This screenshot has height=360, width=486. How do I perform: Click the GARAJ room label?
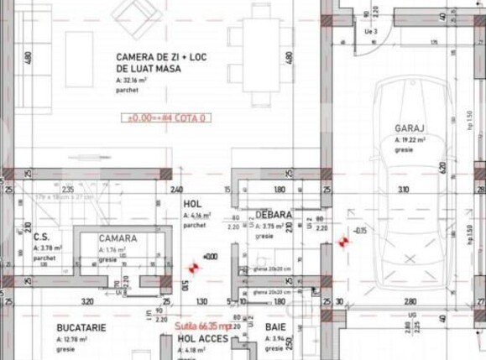click(x=410, y=128)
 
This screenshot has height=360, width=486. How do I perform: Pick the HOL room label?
click(x=192, y=204)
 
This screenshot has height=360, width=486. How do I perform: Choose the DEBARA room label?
click(x=274, y=215)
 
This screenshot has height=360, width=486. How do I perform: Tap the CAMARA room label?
click(x=118, y=238)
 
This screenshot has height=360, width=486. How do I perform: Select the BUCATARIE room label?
click(x=81, y=327)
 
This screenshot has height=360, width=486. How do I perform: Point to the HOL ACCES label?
click(x=197, y=338)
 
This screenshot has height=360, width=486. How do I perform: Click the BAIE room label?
click(x=275, y=327)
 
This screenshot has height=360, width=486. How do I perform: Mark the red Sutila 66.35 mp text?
click(x=204, y=325)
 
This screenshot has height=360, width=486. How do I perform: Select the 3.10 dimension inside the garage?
click(x=404, y=190)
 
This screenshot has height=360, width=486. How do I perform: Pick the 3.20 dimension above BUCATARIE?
click(x=86, y=300)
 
